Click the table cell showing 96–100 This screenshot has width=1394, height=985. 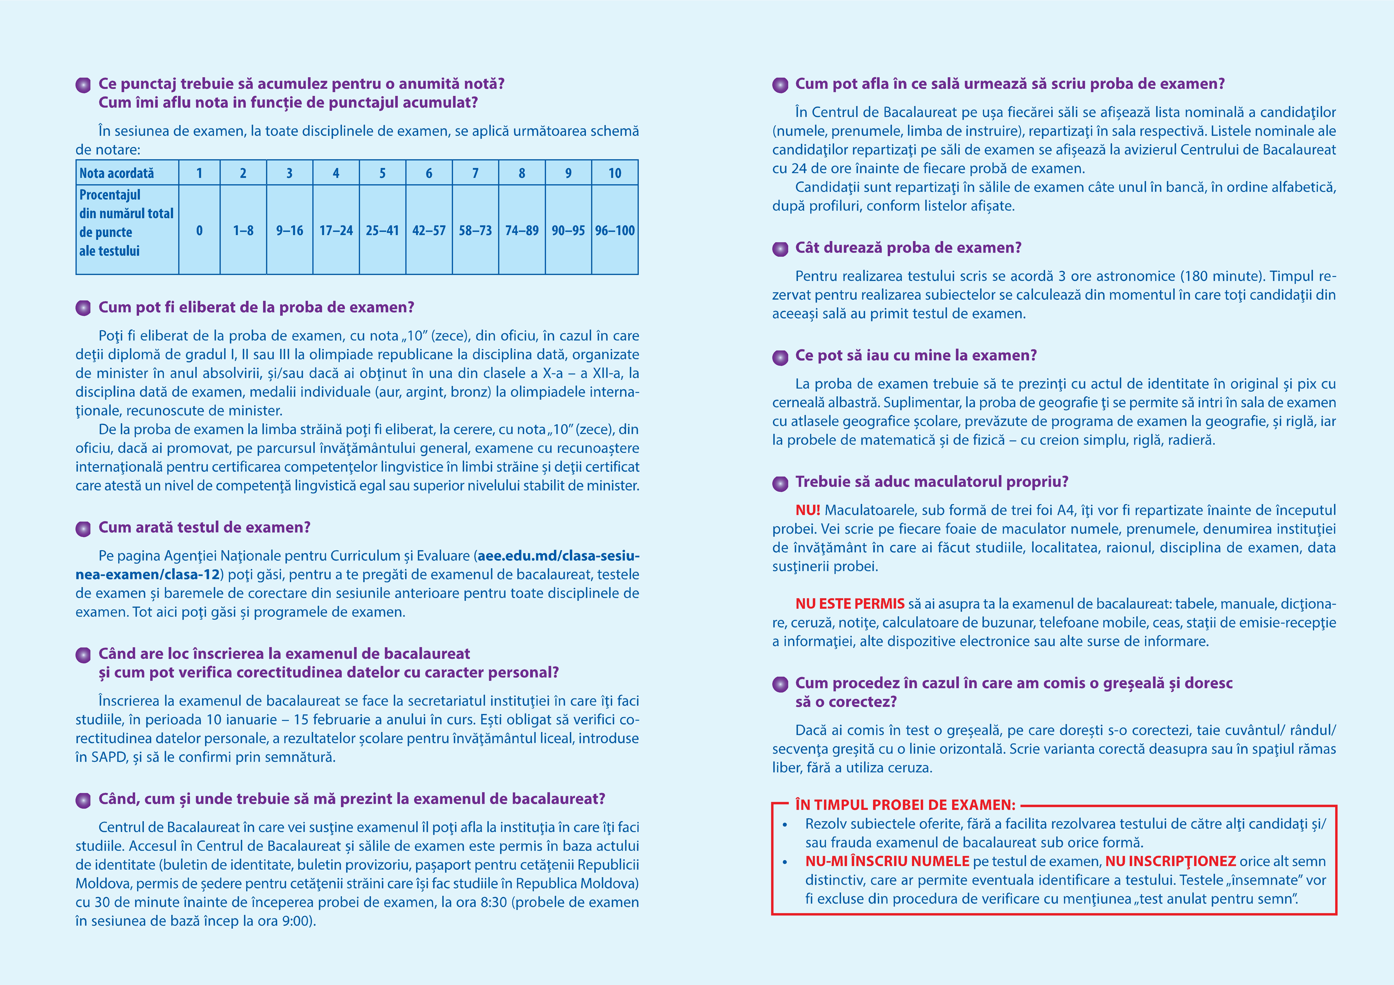pyautogui.click(x=614, y=231)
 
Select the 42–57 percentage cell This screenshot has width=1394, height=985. pyautogui.click(x=429, y=231)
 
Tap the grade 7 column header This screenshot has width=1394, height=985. pyautogui.click(x=475, y=173)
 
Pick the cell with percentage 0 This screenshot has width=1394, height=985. pyautogui.click(x=199, y=231)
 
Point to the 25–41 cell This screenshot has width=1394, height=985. pyautogui.click(x=382, y=231)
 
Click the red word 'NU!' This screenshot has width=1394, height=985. pyautogui.click(x=807, y=510)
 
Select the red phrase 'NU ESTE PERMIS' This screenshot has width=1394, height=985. pyautogui.click(x=849, y=604)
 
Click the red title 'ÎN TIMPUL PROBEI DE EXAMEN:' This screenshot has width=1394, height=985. pyautogui.click(x=905, y=805)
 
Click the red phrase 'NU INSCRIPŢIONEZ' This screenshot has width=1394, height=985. pyautogui.click(x=1170, y=861)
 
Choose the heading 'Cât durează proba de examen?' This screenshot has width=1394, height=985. pyautogui.click(x=908, y=248)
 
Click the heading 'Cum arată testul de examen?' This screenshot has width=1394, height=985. pyautogui.click(x=205, y=527)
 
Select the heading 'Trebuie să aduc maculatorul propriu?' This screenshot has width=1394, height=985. pyautogui.click(x=931, y=482)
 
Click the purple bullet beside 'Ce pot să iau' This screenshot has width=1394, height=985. pyautogui.click(x=780, y=357)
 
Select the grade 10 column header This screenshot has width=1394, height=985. pyautogui.click(x=614, y=173)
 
